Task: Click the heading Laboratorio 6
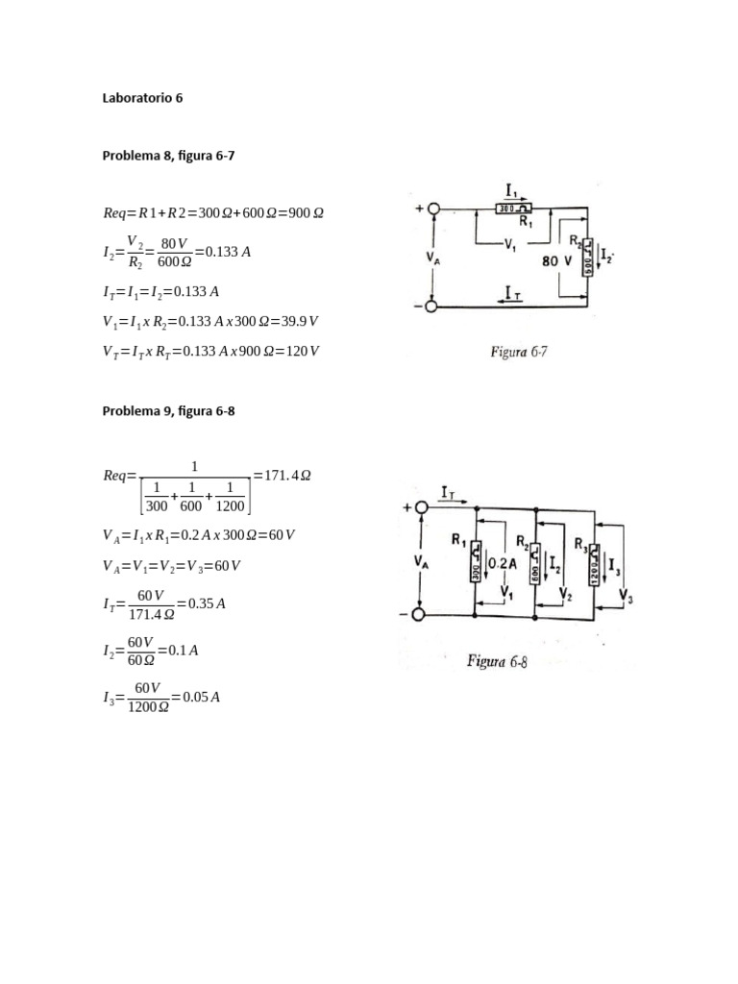141,98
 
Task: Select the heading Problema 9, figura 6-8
168,411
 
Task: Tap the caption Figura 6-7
519,352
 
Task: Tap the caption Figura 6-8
498,661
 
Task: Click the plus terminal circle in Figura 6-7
434,209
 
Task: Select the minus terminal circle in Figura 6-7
434,307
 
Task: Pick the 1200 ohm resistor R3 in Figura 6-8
595,566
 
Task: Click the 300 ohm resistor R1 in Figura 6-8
476,567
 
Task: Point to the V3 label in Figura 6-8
627,599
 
